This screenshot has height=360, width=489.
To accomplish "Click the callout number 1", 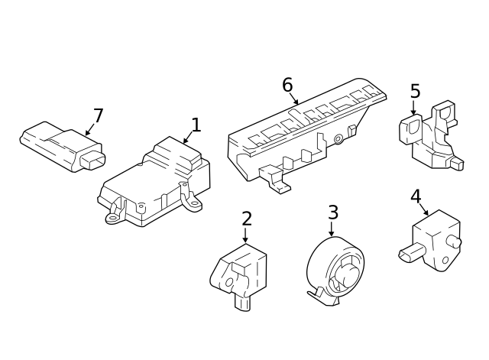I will tap(196, 125).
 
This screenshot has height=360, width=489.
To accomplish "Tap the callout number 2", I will tap(246, 219).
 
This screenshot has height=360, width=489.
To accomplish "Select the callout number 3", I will tap(332, 212).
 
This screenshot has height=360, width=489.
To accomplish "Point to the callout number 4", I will tap(415, 196).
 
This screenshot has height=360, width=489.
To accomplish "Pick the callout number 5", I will tap(415, 92).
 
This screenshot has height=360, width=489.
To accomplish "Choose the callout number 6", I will tap(287, 85).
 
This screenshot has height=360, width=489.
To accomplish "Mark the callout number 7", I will tap(98, 116).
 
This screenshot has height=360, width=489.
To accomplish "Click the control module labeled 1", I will tap(157, 183).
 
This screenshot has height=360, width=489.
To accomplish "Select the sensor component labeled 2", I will tap(240, 271).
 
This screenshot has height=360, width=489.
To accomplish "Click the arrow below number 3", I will tap(332, 229).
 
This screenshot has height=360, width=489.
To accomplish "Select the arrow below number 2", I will tap(245, 235).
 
